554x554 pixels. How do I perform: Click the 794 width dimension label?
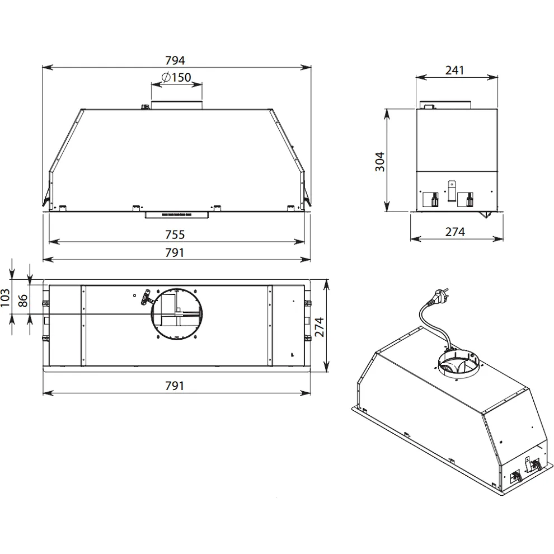[175, 60]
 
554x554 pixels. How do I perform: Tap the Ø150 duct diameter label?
[176, 77]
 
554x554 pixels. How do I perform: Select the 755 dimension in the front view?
[175, 234]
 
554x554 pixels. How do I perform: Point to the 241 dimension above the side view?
[454, 71]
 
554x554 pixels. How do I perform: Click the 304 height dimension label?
[380, 162]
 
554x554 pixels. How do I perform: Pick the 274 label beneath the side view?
[455, 232]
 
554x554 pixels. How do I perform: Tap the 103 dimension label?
[5, 298]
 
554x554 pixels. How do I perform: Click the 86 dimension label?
[22, 301]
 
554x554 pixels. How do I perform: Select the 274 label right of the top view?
[319, 327]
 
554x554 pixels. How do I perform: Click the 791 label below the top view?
[175, 386]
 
